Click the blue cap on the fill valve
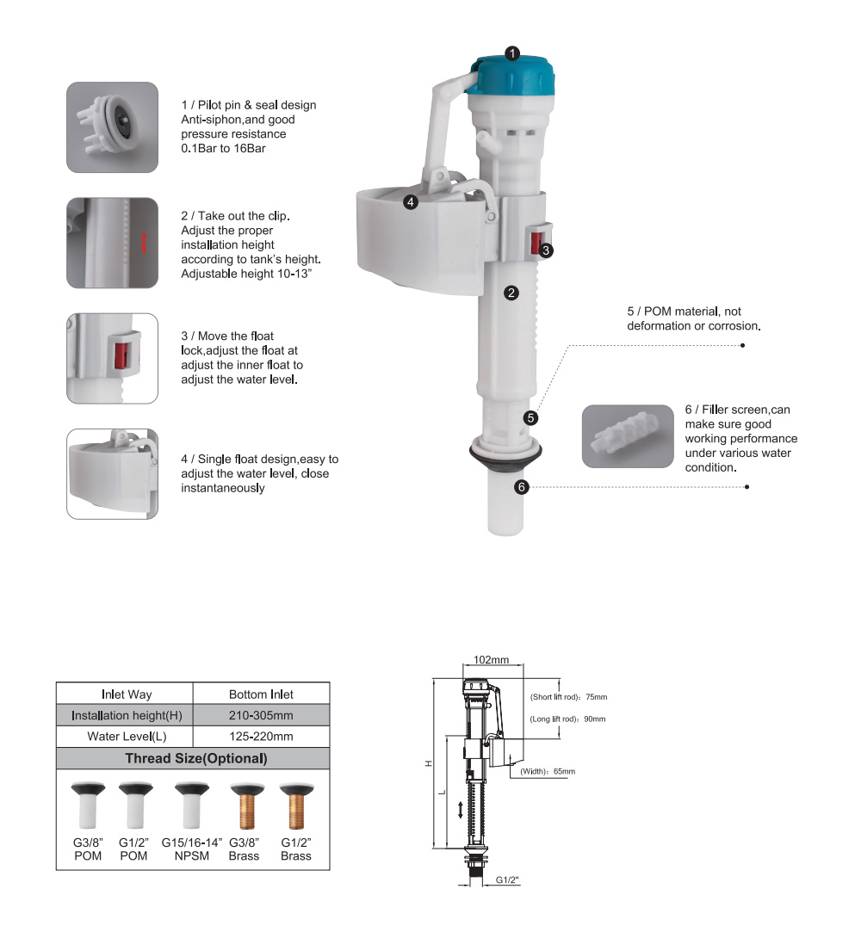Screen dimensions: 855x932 (512, 76)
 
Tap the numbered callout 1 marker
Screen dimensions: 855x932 (512, 53)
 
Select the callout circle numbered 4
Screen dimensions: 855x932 (410, 202)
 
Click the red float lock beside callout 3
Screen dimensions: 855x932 (536, 243)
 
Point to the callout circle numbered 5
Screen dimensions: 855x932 (531, 418)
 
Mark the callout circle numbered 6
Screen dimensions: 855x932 (522, 487)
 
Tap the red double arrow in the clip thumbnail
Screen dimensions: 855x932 (143, 243)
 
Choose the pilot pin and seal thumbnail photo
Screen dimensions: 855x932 (113, 127)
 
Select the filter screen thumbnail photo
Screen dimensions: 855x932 (628, 436)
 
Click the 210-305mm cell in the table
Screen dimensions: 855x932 (261, 716)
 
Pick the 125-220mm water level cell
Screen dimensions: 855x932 (261, 737)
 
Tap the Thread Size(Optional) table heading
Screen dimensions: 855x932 (195, 758)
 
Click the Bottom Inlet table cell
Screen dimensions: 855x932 (261, 694)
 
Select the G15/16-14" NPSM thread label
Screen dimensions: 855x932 (191, 849)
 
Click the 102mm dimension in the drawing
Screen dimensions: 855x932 (491, 660)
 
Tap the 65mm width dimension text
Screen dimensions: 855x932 (548, 772)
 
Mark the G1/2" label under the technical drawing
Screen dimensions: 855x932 (507, 880)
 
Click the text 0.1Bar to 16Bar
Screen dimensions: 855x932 (224, 149)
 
